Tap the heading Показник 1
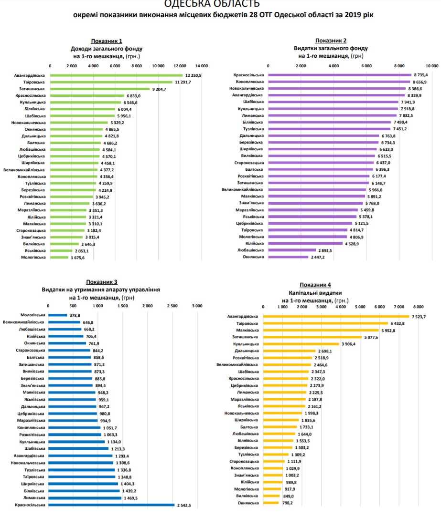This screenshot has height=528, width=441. [x=107, y=41]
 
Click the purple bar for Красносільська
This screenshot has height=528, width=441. [x=340, y=75]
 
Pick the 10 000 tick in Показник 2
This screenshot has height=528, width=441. [x=432, y=65]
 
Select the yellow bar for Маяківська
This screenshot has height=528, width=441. [x=321, y=330]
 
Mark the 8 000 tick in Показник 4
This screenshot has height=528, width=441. [x=418, y=307]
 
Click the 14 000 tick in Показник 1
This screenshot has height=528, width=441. [x=202, y=65]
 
